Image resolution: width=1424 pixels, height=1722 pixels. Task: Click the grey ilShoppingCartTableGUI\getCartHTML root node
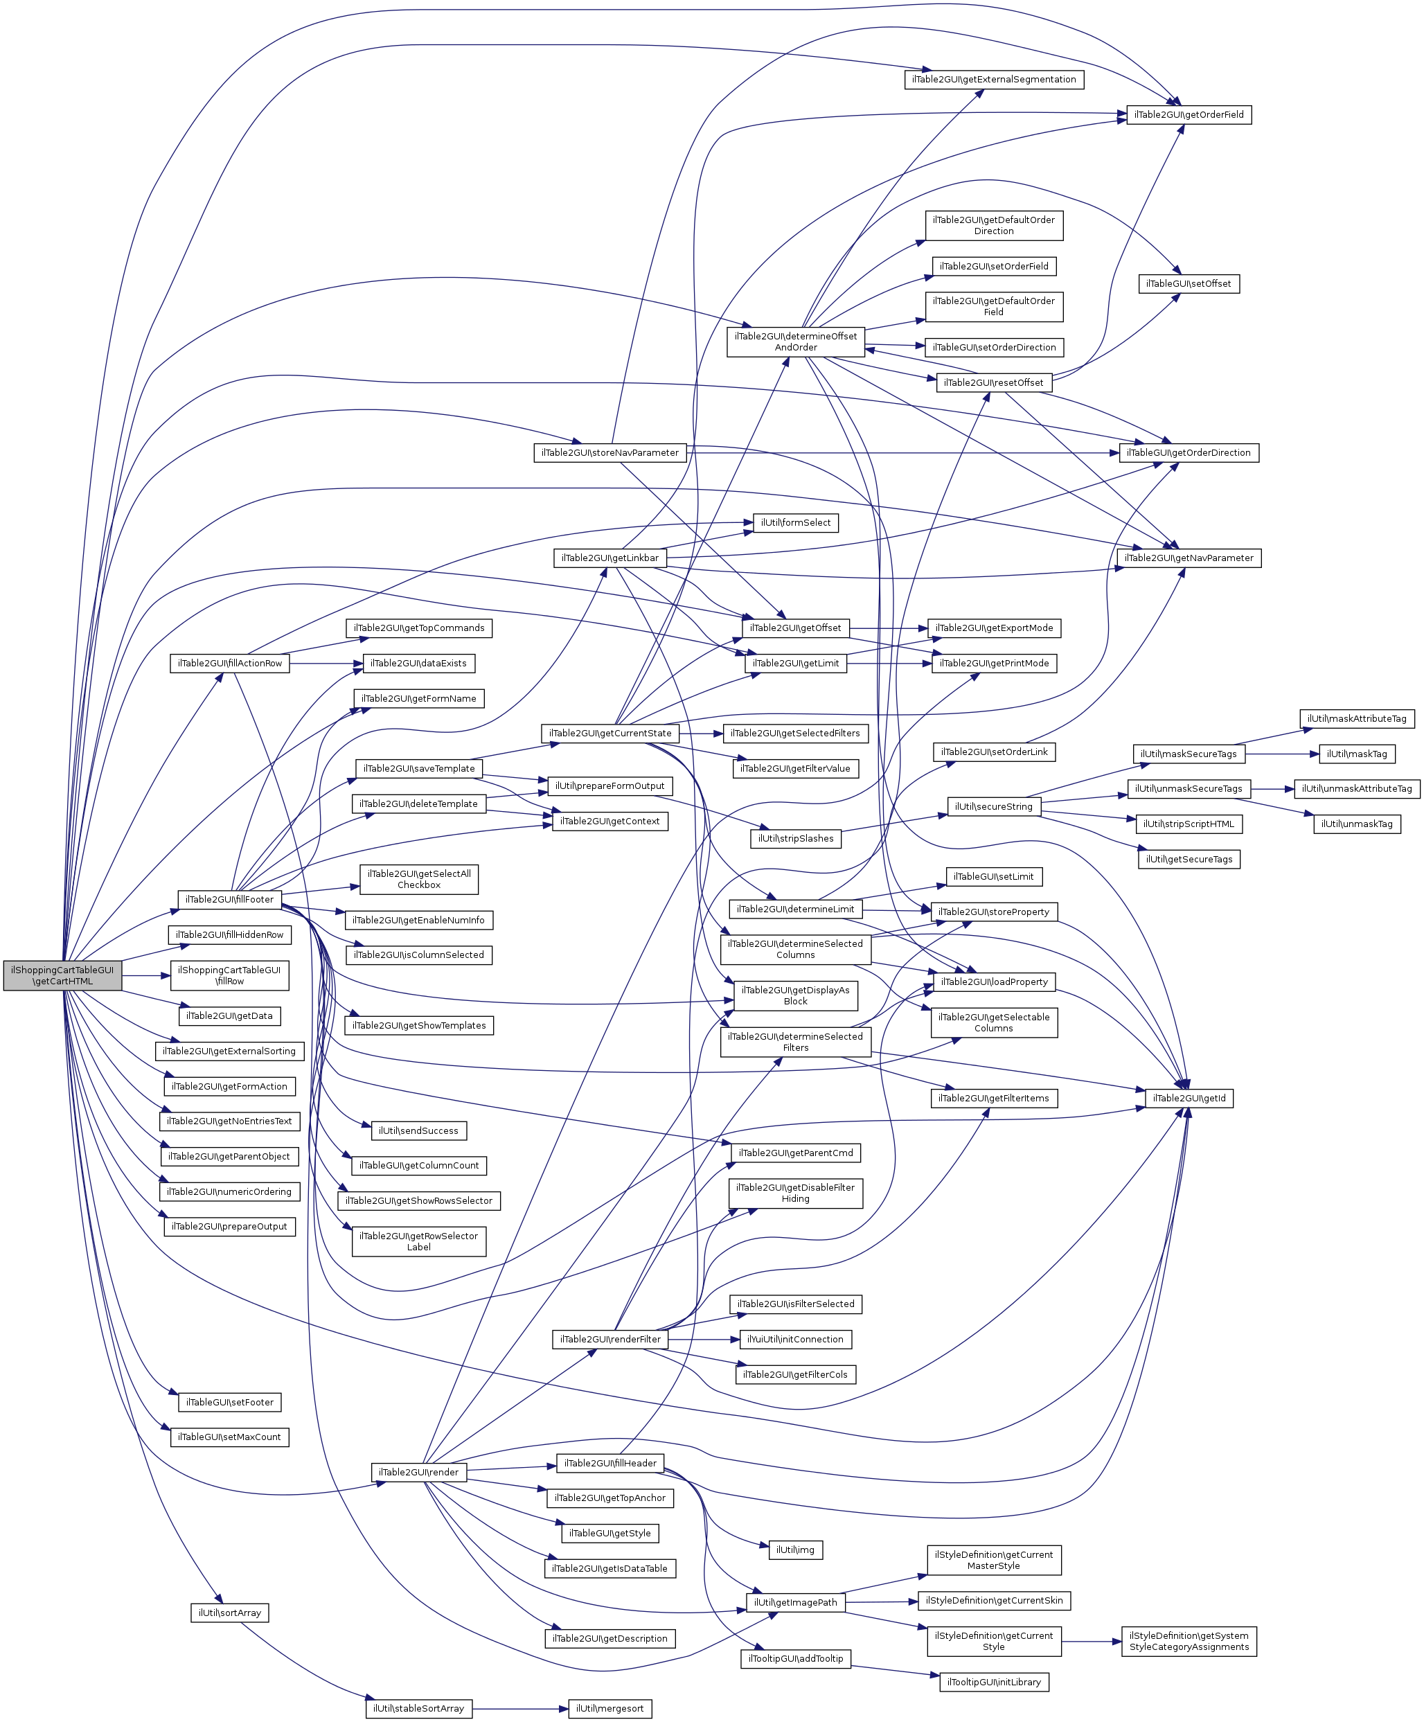point(62,975)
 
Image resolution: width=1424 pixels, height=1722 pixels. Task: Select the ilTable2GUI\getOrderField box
point(1189,115)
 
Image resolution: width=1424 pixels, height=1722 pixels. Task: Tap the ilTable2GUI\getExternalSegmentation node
point(994,80)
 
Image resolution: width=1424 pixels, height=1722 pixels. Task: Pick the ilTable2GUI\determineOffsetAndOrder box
point(795,342)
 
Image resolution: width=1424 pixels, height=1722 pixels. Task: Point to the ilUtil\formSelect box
point(795,523)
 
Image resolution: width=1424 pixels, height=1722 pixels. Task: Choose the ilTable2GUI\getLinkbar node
point(610,558)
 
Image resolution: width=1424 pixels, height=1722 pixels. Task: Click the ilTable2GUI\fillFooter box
point(229,900)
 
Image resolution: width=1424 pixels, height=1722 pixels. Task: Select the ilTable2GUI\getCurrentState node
point(610,733)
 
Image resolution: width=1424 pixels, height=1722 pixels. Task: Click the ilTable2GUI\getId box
point(1189,1098)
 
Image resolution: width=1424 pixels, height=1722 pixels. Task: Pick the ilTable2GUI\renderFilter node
point(610,1339)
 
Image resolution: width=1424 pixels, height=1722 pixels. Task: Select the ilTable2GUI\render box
point(419,1472)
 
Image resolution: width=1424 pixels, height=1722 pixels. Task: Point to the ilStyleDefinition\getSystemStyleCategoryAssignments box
point(1189,1641)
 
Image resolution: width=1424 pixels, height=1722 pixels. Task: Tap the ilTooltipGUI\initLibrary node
point(994,1682)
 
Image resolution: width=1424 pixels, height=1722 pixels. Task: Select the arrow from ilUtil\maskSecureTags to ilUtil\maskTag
point(1281,754)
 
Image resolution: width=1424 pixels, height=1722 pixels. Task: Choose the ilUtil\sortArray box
point(229,1613)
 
